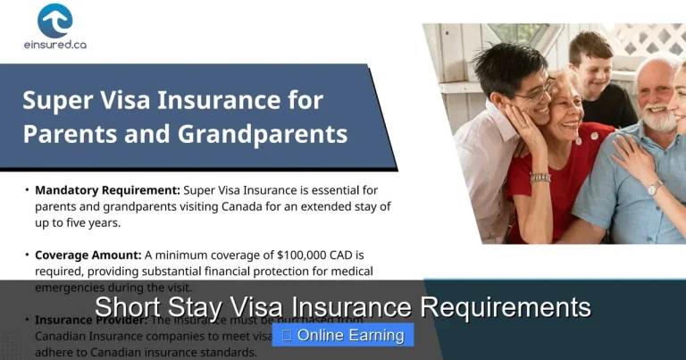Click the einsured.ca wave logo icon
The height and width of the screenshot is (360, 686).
(54, 21)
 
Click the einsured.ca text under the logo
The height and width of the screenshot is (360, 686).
(54, 44)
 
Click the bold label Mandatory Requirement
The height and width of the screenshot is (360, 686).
(107, 190)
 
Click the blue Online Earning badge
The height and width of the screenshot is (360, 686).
(343, 336)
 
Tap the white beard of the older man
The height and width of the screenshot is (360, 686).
(657, 118)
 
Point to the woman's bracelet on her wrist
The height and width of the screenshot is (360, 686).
(540, 178)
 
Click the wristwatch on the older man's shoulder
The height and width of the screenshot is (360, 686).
(653, 188)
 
